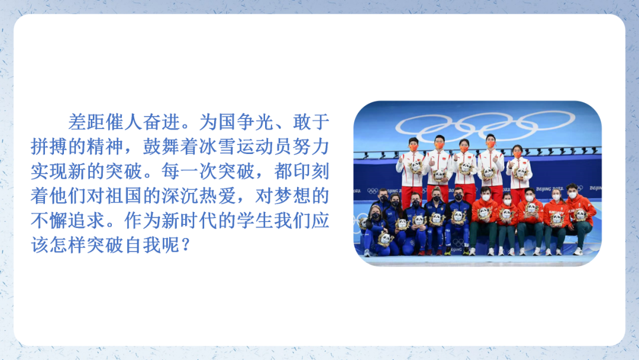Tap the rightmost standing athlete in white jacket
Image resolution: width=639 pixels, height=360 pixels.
click(518, 172)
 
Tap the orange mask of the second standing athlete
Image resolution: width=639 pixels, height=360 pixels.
click(439, 146)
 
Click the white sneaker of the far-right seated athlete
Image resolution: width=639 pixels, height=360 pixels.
click(577, 251)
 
